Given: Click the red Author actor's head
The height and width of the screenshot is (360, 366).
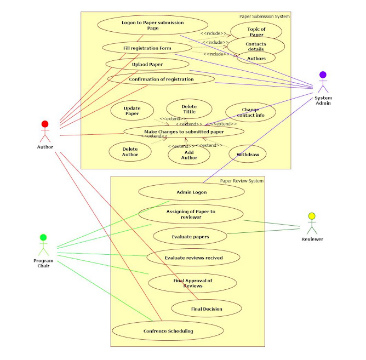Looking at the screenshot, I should click(45, 124).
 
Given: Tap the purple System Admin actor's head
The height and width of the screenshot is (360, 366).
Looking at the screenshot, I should click(323, 75).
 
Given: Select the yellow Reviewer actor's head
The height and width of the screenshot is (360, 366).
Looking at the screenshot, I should click(312, 216).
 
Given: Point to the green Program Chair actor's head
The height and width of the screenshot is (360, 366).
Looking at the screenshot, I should click(44, 237).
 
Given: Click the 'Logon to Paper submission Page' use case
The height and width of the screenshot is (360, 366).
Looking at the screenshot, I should click(153, 25).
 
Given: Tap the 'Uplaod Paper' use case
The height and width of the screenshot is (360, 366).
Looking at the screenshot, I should click(147, 64).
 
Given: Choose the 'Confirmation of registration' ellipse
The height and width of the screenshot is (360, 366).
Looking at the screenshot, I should click(161, 79).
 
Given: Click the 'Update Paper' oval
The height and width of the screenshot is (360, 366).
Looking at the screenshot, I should click(132, 111).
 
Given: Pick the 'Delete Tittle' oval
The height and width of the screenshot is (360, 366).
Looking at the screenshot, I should click(189, 108).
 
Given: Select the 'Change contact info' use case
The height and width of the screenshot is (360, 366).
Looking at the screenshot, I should click(250, 112).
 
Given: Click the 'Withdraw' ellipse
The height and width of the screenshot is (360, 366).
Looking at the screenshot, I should click(248, 155).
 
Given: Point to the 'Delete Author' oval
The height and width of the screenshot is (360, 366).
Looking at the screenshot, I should click(130, 151).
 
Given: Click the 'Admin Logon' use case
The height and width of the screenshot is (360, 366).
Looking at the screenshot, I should click(191, 192).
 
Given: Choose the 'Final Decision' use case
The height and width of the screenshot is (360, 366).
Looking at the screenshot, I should click(207, 309).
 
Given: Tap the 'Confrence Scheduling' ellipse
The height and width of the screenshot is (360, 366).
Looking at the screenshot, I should click(168, 331).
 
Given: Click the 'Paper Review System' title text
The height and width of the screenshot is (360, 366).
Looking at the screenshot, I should click(242, 180).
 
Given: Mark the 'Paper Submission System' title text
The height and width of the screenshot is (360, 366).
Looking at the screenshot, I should click(265, 16).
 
